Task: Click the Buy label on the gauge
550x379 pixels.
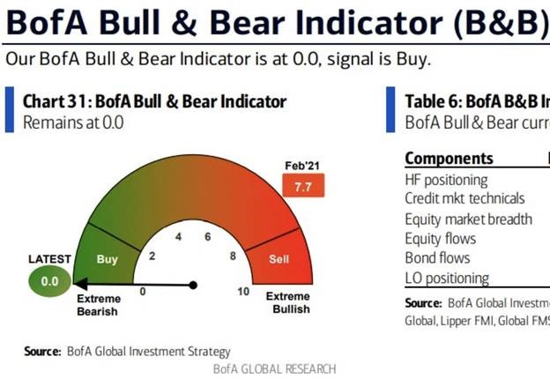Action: point(107,260)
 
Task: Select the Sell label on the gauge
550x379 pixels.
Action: point(279,260)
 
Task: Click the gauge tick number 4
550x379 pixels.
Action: point(179,237)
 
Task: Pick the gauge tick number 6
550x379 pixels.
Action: point(208,237)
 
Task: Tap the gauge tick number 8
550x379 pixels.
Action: point(233,256)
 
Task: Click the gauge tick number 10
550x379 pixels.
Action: point(243,291)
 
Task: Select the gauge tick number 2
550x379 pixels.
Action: point(152,256)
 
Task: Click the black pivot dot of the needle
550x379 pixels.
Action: point(194,285)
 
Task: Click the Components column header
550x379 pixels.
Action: point(449,159)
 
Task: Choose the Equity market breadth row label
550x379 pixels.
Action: point(468,219)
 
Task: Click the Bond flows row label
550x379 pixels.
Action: point(437,258)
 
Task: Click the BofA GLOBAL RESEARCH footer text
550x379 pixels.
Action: point(274,368)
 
